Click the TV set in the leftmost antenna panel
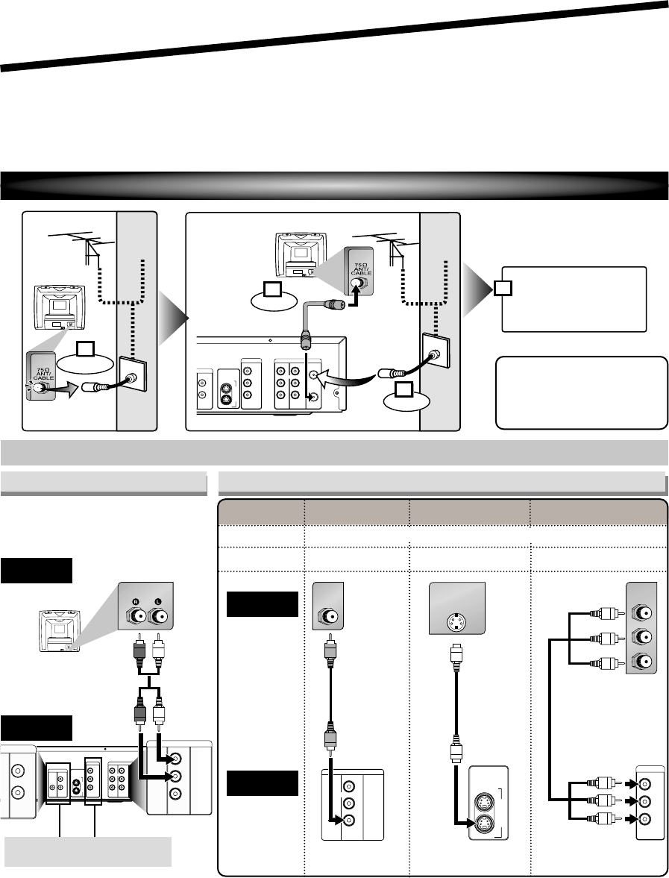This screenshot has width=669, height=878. pyautogui.click(x=57, y=308)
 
